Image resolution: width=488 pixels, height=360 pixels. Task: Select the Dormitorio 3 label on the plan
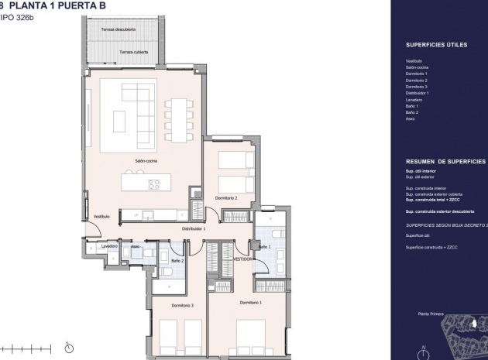click(x=182, y=305)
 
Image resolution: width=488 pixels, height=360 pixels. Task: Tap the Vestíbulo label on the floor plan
click(x=101, y=216)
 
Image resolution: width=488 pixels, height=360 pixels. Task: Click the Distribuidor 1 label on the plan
click(x=194, y=230)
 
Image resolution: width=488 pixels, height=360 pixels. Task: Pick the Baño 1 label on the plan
click(x=265, y=247)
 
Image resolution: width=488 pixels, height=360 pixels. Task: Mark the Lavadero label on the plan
click(x=109, y=246)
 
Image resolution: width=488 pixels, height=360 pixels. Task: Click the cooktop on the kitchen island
click(x=154, y=184)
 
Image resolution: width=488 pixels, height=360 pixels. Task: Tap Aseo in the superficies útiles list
click(x=411, y=118)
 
